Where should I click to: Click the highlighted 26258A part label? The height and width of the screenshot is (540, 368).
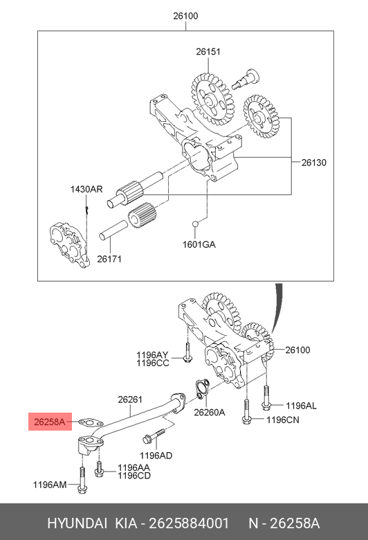click(50, 422)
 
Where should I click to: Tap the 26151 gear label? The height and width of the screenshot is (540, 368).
click(208, 52)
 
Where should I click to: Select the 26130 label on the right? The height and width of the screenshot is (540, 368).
click(313, 163)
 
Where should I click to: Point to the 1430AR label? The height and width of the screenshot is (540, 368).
click(86, 190)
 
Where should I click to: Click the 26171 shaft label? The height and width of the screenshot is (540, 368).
click(109, 259)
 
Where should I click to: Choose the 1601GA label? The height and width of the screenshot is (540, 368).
click(199, 244)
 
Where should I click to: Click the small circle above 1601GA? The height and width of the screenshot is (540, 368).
click(196, 224)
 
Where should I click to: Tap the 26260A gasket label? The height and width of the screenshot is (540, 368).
click(210, 412)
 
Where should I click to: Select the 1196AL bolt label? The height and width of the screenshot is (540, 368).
click(301, 406)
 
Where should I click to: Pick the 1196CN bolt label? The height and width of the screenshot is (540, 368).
click(283, 420)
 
